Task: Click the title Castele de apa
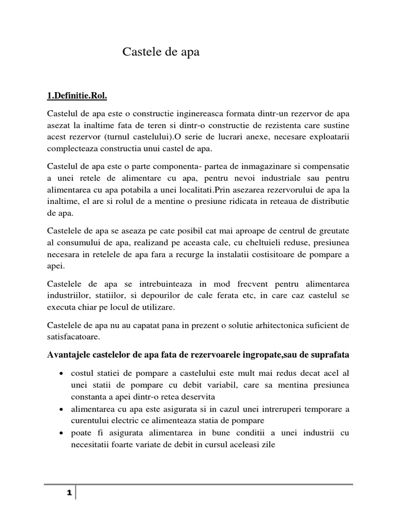tap(160, 52)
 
